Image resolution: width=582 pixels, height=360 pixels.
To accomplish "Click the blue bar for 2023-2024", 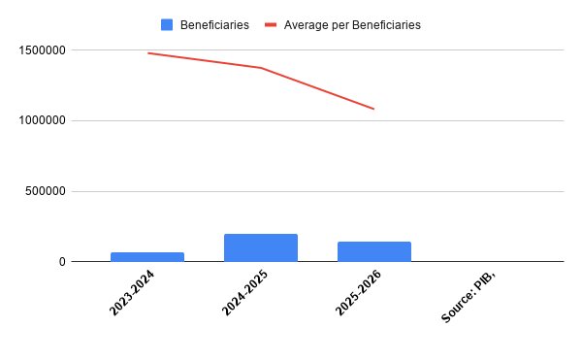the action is (x=147, y=257).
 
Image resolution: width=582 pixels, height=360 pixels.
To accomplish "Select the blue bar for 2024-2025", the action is (x=261, y=247).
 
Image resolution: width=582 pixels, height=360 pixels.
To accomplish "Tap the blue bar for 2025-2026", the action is (x=374, y=251).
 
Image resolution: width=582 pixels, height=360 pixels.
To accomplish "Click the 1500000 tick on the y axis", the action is (x=42, y=50).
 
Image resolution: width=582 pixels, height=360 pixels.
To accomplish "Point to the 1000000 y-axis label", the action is (x=42, y=120).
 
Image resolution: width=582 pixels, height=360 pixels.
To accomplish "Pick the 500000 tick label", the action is (x=46, y=191).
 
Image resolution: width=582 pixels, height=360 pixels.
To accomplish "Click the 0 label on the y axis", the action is (x=62, y=262).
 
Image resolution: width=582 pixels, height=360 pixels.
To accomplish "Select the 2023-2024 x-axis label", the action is (x=132, y=293).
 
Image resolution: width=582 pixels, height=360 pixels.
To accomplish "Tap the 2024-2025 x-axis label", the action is (x=245, y=293).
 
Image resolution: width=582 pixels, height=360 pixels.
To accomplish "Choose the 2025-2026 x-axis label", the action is (x=359, y=293).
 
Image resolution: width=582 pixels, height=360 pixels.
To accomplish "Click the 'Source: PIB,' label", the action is (x=469, y=297).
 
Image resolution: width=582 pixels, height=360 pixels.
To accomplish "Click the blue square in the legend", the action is (x=167, y=25).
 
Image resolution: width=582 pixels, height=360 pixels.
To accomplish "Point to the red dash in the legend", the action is (x=271, y=25).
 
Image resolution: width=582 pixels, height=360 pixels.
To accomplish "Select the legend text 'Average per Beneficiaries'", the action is (x=352, y=25).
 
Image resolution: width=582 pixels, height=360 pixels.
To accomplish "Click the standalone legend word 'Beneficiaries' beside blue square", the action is (x=214, y=25).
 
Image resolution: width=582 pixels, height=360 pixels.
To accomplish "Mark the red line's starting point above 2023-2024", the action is (x=148, y=53).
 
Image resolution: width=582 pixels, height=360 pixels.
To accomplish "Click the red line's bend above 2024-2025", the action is (x=261, y=68).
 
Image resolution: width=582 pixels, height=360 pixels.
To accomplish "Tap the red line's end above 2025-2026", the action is (x=373, y=109).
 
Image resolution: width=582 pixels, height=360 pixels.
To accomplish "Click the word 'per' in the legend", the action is (x=339, y=26).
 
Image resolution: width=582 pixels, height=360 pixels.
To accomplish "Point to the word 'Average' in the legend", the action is (x=307, y=25).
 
